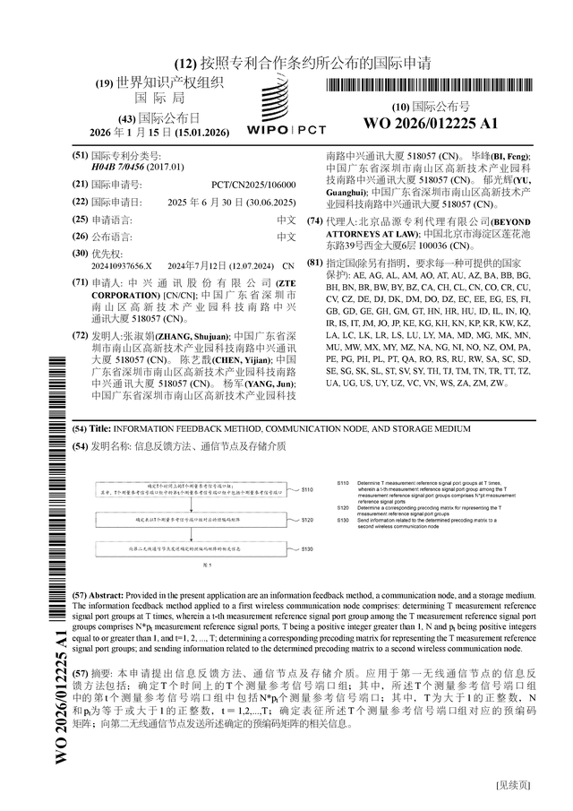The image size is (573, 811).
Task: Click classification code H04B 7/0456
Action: pos(121,167)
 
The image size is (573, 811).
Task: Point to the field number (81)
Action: pos(314,262)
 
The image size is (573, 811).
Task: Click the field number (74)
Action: pos(314,221)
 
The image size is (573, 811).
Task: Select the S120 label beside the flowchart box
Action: pos(307,520)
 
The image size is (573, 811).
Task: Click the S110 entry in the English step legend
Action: pos(343,483)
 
